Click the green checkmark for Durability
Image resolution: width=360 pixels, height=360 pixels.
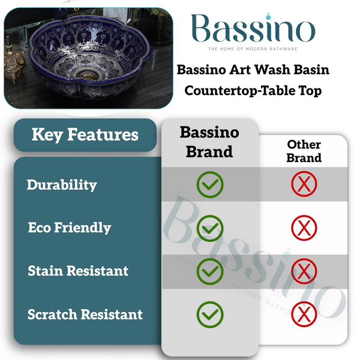click(210, 185)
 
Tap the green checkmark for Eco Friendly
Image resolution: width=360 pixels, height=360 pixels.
click(210, 228)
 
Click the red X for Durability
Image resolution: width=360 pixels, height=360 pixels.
click(304, 185)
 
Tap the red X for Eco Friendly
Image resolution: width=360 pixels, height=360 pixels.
click(304, 228)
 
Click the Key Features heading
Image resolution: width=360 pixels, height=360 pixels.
click(85, 135)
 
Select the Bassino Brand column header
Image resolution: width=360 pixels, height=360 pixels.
click(209, 142)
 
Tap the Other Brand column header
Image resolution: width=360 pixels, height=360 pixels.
click(304, 151)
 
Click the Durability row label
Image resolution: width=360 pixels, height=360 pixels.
click(62, 185)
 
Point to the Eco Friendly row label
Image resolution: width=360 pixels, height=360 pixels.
click(69, 228)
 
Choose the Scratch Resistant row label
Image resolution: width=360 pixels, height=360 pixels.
click(85, 314)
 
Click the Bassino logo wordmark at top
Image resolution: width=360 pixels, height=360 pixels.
click(253, 30)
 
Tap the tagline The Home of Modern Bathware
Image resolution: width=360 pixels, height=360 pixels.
click(253, 49)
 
